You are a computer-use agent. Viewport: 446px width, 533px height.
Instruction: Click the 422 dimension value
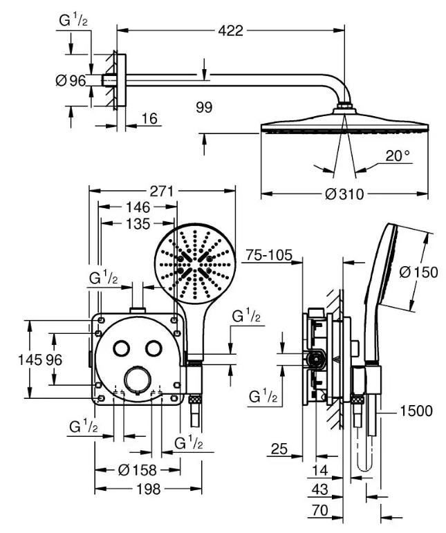coord(230,30)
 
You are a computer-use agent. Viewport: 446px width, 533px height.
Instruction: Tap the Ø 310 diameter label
coord(344,194)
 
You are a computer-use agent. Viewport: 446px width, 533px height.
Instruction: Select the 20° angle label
coord(398,156)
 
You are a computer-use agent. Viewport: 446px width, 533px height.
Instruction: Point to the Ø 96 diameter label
coord(71,81)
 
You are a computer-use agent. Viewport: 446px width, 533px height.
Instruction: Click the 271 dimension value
coord(162,191)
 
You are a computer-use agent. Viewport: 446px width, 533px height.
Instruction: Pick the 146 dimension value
coord(138,207)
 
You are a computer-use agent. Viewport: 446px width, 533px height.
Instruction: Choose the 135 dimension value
coord(138,224)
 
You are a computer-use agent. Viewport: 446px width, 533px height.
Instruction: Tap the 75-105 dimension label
coord(269,254)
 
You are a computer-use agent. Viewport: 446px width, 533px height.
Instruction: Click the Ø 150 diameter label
coord(418,272)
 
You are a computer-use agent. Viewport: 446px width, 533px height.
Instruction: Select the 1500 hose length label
coord(416,411)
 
